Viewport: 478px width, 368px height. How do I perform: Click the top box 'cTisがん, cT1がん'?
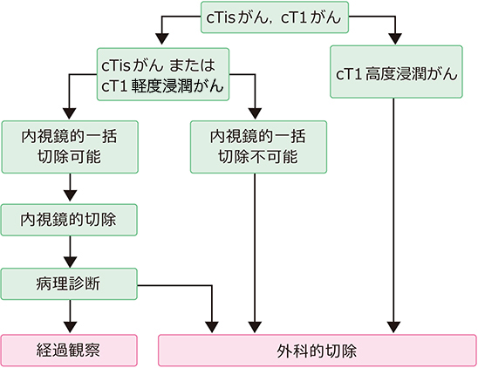click(275, 17)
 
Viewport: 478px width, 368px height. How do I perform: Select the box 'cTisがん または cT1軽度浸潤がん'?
click(163, 74)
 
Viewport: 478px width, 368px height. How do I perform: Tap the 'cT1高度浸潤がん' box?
click(396, 72)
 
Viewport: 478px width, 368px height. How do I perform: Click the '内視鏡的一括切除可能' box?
click(70, 147)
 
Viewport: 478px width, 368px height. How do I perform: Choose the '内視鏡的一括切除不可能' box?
click(258, 147)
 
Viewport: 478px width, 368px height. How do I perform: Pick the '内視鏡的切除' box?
click(69, 220)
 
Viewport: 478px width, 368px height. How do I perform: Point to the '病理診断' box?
click(69, 284)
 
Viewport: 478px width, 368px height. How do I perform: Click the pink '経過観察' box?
click(69, 351)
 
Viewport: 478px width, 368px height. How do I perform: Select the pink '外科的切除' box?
click(318, 351)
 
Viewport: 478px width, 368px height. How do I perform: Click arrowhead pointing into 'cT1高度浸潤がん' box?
click(395, 38)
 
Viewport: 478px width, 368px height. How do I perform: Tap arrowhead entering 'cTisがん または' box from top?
click(162, 38)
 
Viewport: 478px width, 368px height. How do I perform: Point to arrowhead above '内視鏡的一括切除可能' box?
click(70, 113)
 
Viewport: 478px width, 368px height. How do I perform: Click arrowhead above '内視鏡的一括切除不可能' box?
click(256, 113)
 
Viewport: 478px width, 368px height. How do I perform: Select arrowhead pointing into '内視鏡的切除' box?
click(70, 195)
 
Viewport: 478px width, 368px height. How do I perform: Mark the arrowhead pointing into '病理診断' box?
click(70, 262)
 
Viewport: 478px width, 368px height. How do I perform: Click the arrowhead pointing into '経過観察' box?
click(70, 327)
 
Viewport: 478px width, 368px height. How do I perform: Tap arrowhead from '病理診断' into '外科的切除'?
click(212, 327)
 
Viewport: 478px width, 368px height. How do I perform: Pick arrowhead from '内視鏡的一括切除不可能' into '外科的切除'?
click(255, 327)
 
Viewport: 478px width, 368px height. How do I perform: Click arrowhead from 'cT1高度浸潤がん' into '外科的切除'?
click(393, 327)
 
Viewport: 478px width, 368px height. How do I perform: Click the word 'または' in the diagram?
click(192, 65)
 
